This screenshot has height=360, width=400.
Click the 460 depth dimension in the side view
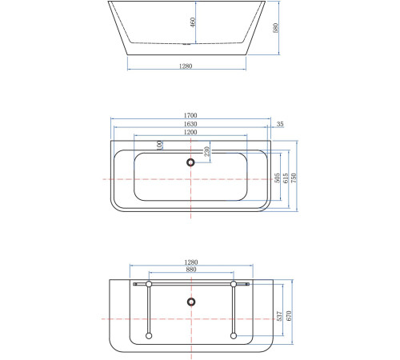coord(192,22)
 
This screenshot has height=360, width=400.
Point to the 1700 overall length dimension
coord(191,116)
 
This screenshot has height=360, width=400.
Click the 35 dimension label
coord(279,125)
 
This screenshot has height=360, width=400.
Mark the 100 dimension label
coord(160,145)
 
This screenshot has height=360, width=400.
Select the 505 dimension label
coord(278,178)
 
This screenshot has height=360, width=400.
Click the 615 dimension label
coord(286,178)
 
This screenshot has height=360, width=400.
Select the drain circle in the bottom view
coord(191,302)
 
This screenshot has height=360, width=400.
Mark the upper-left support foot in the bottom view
coord(149,284)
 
